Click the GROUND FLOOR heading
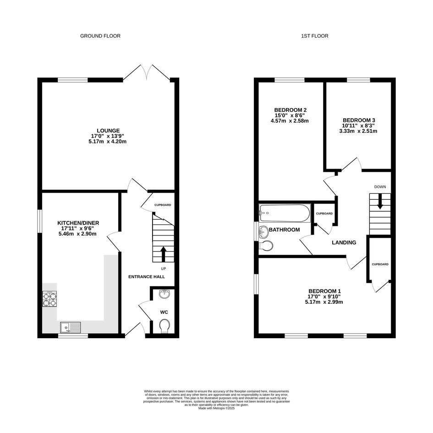[x=100, y=36]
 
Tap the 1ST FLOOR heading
[x=314, y=36]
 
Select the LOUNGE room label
[x=108, y=131]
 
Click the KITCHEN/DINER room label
[x=78, y=223]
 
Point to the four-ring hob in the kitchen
[x=49, y=299]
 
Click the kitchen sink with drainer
[x=71, y=328]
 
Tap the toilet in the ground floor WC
[x=165, y=326]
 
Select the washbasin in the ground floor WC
[x=165, y=294]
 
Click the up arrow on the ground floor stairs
[x=163, y=254]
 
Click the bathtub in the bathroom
[x=285, y=213]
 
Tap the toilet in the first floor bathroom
[x=266, y=246]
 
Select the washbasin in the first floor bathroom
[x=263, y=232]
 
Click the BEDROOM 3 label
[x=359, y=121]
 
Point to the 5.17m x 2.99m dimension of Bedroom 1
[x=324, y=302]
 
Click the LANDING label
[x=344, y=242]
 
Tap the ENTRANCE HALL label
[x=147, y=277]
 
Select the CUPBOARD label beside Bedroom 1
[x=380, y=264]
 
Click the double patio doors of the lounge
[x=147, y=73]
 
